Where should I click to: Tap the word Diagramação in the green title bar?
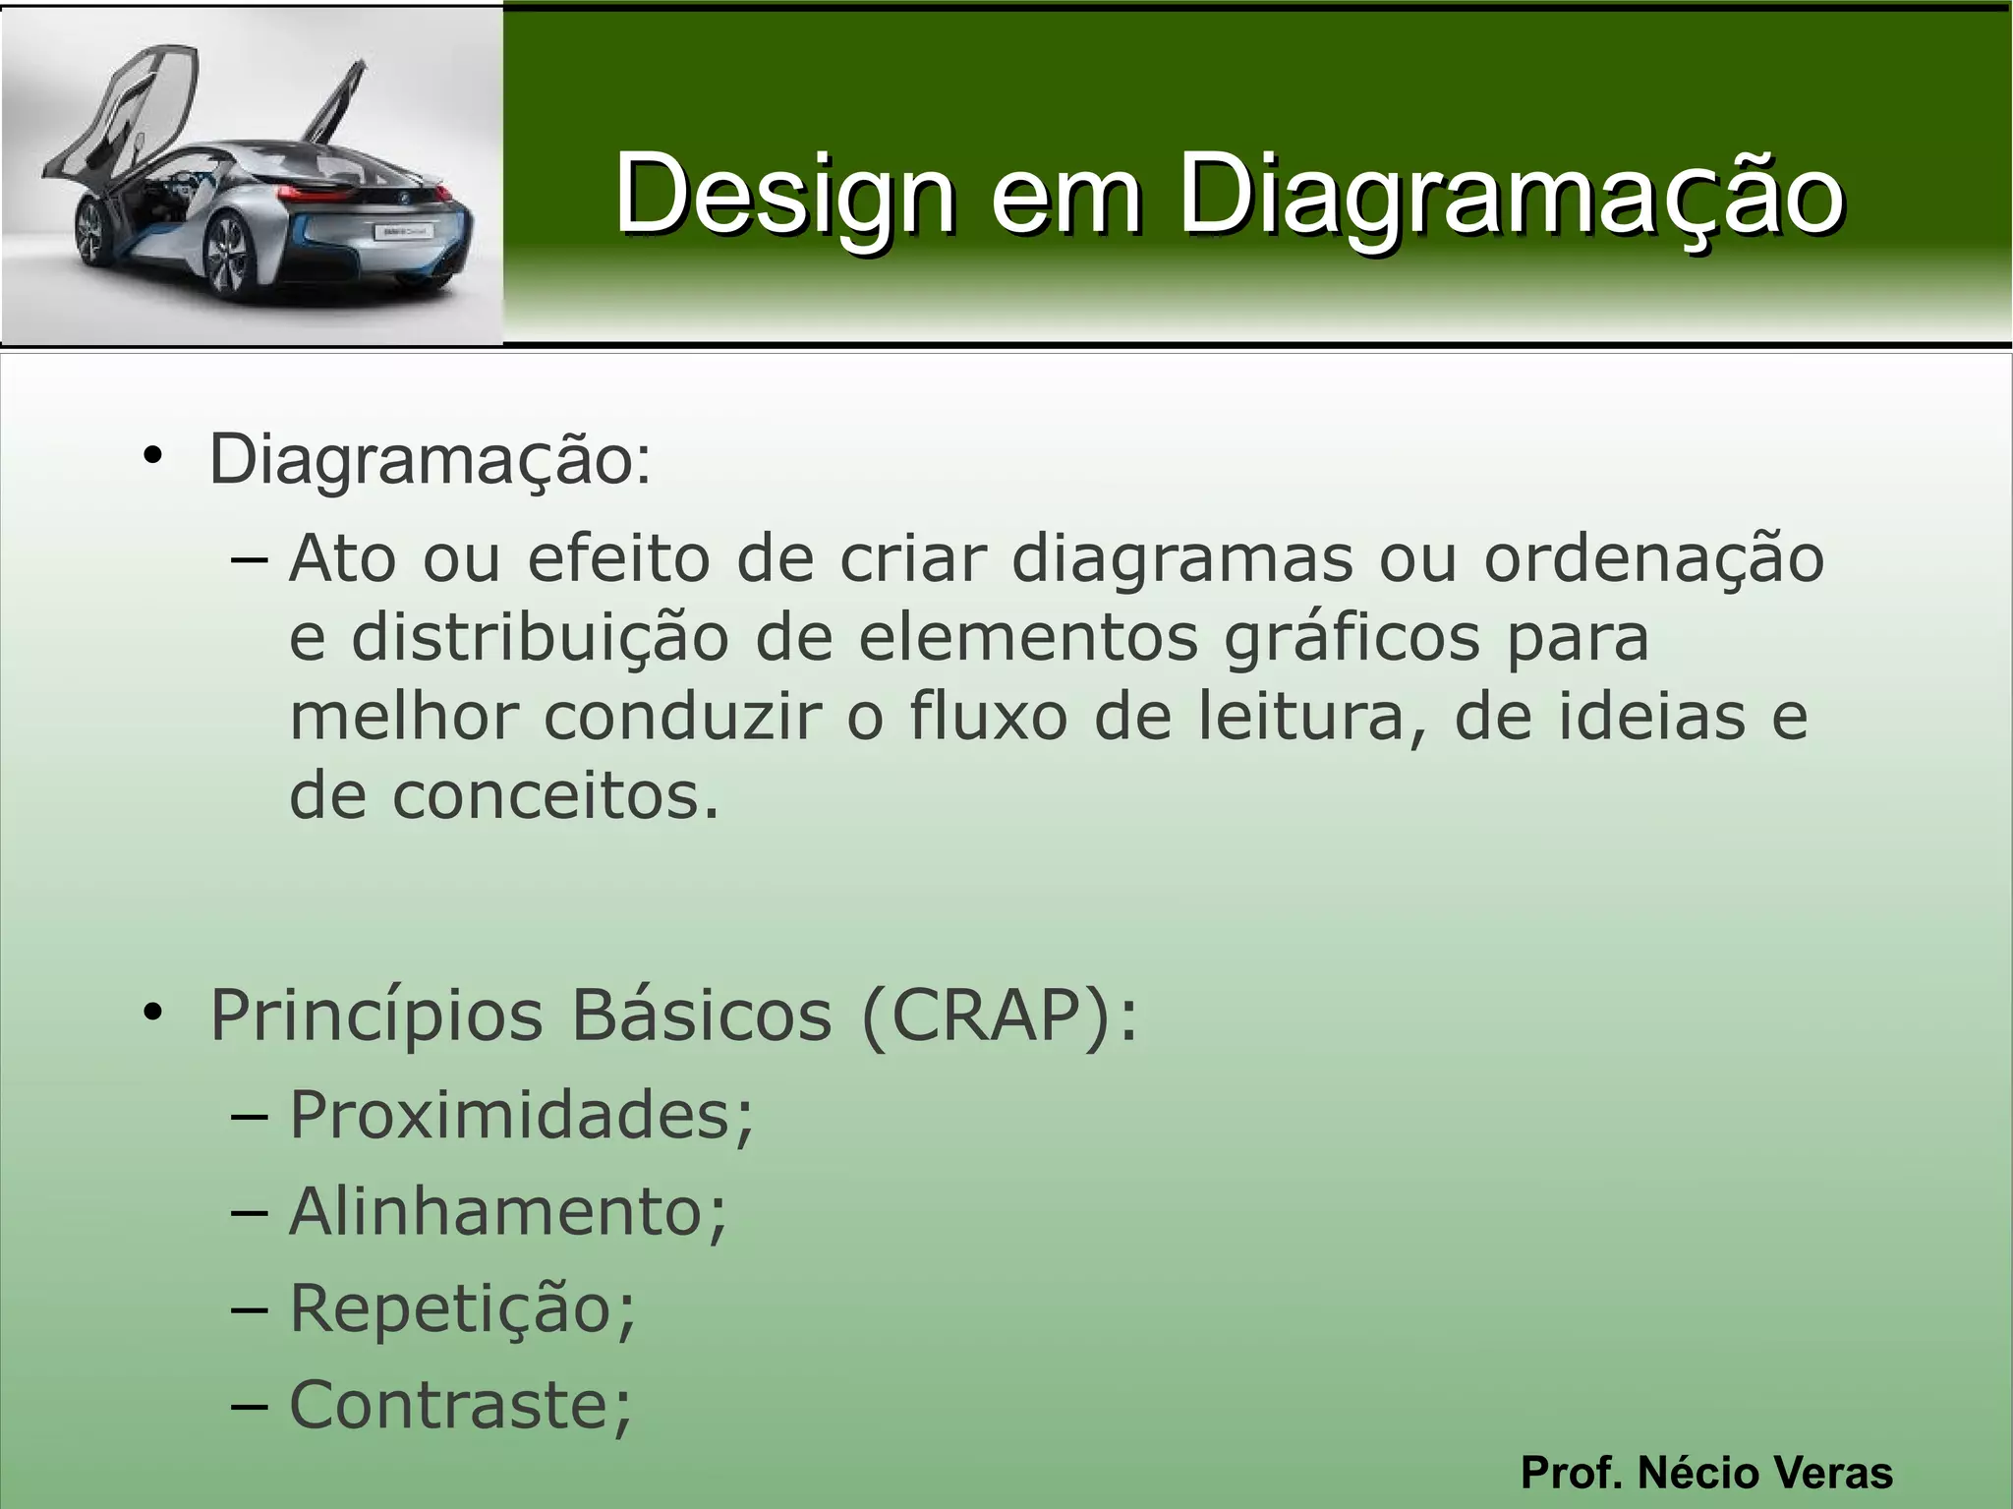click(1511, 195)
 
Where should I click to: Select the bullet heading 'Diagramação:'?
click(430, 459)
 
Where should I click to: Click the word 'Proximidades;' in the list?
click(521, 1115)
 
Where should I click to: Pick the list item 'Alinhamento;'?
click(508, 1210)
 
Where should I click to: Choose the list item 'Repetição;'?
click(463, 1307)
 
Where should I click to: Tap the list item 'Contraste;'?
click(461, 1404)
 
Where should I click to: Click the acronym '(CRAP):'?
click(999, 1016)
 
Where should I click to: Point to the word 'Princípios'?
click(376, 1016)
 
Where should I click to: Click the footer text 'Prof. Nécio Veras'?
click(1706, 1473)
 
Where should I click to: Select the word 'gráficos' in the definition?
click(1352, 638)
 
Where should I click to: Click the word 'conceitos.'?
click(555, 795)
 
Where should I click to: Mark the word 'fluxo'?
click(988, 717)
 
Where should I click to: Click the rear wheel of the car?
click(229, 258)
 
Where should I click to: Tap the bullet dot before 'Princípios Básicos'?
click(151, 1013)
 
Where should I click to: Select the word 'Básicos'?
click(701, 1016)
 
